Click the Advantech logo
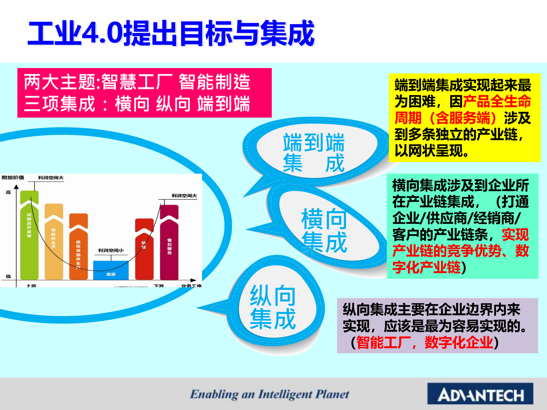pos(480,394)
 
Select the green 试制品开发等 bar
pos(29,236)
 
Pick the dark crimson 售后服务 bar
pos(169,245)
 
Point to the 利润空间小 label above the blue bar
pos(111,250)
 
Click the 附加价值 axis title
pos(13,177)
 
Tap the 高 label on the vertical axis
pos(8,192)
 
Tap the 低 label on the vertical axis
pos(8,276)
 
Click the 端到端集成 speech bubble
pos(313,152)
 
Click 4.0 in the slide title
pos(103,33)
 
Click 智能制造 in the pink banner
pos(214,82)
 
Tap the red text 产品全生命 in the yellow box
pos(497,101)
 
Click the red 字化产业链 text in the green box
pos(426,267)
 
